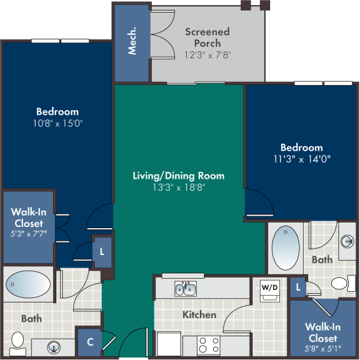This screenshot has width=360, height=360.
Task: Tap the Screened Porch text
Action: point(207,37)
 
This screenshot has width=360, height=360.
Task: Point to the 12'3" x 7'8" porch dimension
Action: point(207,54)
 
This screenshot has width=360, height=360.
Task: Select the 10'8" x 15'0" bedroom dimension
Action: point(57,123)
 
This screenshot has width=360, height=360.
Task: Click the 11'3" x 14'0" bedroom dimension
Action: point(301,159)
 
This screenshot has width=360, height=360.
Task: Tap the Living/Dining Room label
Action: point(178,176)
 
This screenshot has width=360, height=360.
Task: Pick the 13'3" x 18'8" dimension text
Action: point(178,187)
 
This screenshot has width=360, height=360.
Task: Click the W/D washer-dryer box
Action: point(269,289)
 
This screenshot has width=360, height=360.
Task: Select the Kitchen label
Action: point(199,314)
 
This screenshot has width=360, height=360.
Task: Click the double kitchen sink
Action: point(185,289)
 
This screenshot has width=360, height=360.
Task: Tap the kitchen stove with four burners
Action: point(208,344)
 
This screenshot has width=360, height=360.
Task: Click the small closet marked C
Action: point(90,342)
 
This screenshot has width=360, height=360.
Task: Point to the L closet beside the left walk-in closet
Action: point(102,251)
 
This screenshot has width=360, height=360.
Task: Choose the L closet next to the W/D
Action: point(299,286)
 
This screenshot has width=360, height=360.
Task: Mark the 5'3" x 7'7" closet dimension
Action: point(27,234)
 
